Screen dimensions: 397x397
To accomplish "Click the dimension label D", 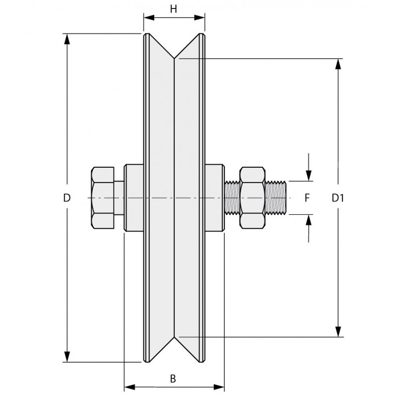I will click(x=67, y=198).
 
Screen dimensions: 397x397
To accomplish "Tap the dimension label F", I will click(x=307, y=198).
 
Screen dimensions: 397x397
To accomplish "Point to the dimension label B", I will click(x=173, y=379).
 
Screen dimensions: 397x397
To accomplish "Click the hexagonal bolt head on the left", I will click(x=103, y=198).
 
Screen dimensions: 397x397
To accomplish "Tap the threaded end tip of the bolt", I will click(x=284, y=198).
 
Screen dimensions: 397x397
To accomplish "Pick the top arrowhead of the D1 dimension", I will click(x=338, y=65).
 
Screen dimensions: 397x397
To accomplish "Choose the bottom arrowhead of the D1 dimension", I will click(x=338, y=331).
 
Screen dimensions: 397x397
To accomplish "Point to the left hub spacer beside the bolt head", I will click(x=133, y=198).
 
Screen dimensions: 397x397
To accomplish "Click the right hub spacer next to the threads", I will click(x=215, y=198).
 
